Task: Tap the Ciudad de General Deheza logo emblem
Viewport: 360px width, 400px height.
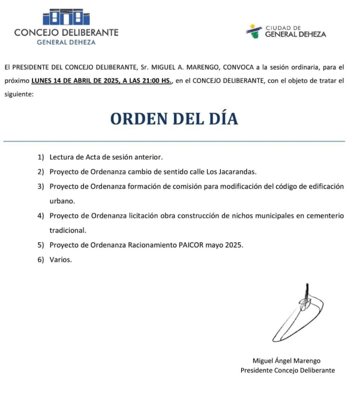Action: [254, 31]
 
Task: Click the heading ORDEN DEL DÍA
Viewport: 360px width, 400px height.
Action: [174, 119]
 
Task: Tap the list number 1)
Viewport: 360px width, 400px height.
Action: [41, 157]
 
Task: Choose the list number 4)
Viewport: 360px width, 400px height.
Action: [41, 215]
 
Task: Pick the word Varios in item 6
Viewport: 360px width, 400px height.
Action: [61, 259]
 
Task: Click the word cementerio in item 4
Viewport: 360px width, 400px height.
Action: [322, 215]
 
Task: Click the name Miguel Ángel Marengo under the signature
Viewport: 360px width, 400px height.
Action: [287, 360]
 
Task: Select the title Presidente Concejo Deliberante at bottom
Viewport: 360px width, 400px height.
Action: [287, 371]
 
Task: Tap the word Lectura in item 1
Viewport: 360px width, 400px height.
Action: [63, 157]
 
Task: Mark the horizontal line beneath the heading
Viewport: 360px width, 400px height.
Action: [174, 142]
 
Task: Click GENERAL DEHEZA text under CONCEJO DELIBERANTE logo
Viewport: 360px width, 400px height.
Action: [66, 42]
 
